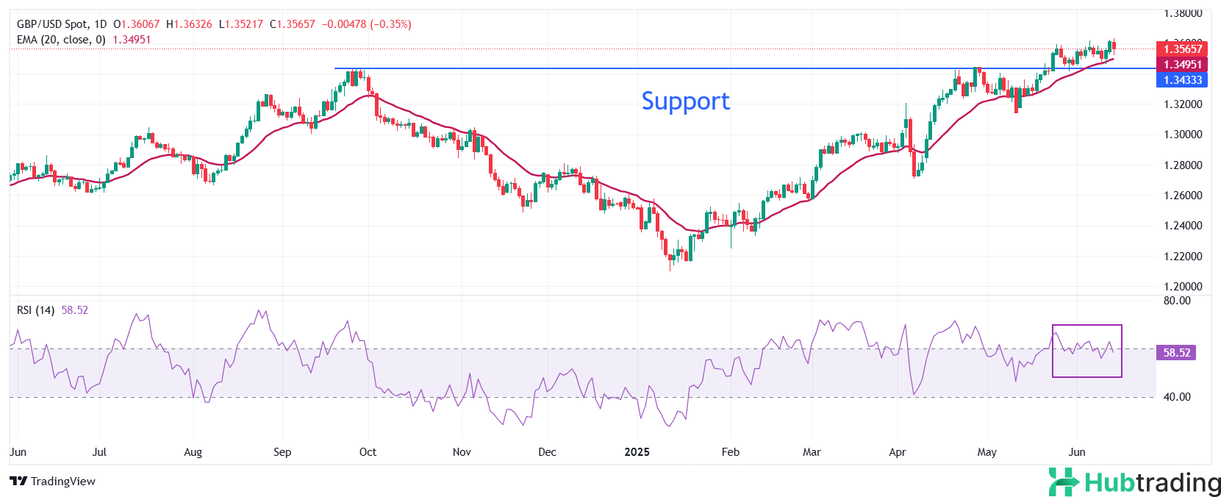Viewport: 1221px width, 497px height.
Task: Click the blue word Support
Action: pos(685,101)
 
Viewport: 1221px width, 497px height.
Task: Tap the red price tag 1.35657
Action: pos(1181,49)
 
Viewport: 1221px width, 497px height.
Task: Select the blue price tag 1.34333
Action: pos(1181,80)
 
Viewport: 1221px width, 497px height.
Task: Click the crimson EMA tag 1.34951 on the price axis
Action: pos(1181,65)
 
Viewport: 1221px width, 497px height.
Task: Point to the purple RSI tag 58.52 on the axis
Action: pos(1176,353)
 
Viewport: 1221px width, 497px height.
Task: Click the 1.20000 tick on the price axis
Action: pos(1183,287)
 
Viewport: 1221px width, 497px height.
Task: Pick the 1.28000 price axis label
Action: pos(1183,165)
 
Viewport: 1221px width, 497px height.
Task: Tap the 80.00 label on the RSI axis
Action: pos(1177,301)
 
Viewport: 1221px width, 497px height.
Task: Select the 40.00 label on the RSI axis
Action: pos(1177,397)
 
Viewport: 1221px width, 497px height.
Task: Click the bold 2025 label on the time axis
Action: pos(637,452)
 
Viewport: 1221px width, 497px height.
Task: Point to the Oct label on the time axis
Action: pos(368,452)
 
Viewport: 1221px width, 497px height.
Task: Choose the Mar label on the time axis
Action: pos(812,452)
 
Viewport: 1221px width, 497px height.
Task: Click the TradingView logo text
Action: pos(62,482)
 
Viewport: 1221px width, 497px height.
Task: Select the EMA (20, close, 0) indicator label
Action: pos(61,40)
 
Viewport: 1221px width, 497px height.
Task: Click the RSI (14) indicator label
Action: pos(35,310)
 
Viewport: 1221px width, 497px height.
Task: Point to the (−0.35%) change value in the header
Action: pos(390,24)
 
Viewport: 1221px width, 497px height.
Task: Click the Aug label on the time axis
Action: pos(193,452)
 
